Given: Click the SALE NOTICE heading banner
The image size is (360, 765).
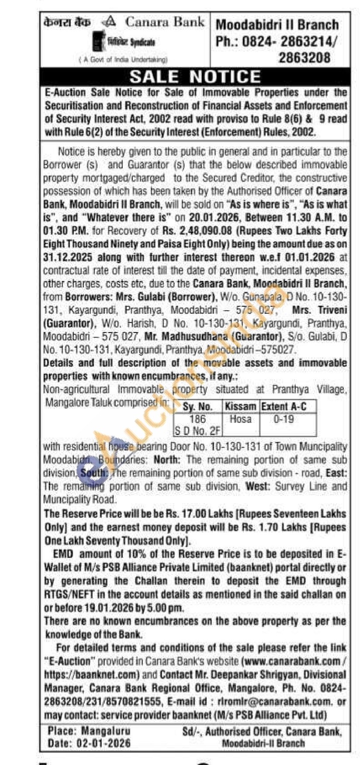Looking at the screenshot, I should (x=195, y=77).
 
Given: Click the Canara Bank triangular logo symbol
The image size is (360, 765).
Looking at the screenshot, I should (x=109, y=22).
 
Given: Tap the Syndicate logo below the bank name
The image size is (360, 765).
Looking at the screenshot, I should (x=124, y=42).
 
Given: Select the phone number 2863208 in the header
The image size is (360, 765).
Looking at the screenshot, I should (x=304, y=58).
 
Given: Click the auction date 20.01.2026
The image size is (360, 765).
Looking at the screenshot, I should (x=214, y=218).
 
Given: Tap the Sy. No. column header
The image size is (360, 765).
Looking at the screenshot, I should (x=197, y=407).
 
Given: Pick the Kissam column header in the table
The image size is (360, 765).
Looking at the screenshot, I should (x=240, y=406).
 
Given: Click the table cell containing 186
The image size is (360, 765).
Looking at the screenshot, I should (x=197, y=419).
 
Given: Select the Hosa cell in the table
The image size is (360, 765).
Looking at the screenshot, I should (x=240, y=419).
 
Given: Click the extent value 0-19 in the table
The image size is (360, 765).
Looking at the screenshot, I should (x=284, y=419).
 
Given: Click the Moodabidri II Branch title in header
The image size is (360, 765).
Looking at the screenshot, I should (x=277, y=25).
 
